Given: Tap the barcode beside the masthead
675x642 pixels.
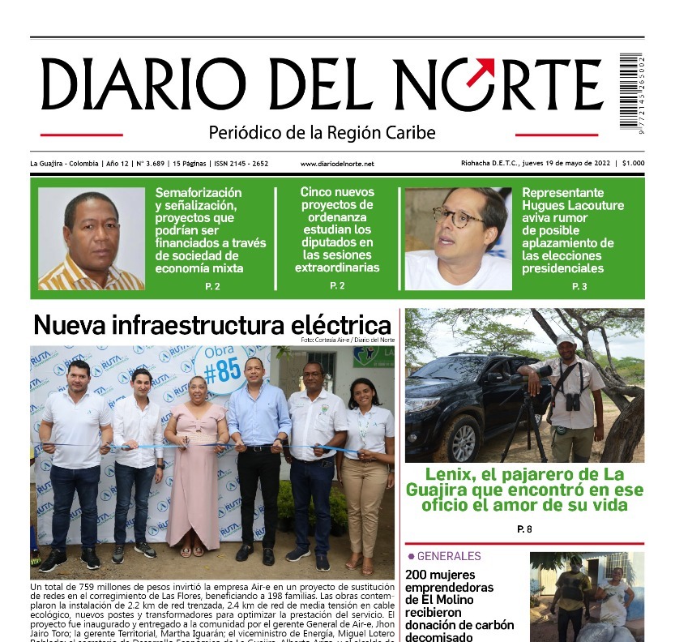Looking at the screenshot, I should tap(630, 90).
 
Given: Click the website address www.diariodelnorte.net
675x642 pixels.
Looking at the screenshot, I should tap(337, 164).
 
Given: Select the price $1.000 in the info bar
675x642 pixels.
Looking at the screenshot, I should tap(633, 163).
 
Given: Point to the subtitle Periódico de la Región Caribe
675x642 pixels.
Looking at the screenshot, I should tap(322, 132).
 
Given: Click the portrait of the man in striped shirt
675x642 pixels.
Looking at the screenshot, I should tap(91, 239).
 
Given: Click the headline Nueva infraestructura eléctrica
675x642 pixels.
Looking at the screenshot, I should tap(212, 325).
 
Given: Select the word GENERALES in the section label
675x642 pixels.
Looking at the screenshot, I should tap(448, 557).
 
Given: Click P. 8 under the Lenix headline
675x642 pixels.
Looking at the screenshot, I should tap(524, 529).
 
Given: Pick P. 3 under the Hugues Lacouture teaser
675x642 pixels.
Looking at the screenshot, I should tap(579, 286).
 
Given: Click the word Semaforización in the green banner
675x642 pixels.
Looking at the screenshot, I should tap(199, 193).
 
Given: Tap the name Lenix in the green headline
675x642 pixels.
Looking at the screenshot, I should tap(451, 474).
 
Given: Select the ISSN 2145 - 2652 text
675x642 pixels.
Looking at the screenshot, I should tap(241, 164).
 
